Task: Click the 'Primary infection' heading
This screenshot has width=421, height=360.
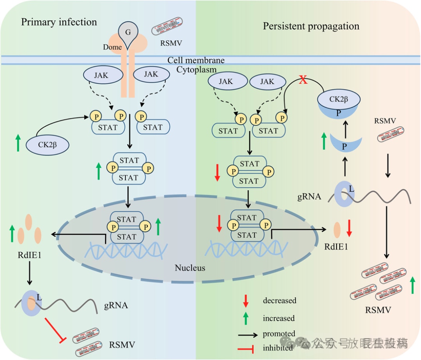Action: pos(59,22)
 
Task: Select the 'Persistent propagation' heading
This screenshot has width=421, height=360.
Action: pos(311,26)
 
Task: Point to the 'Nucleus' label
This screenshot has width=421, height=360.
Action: pos(190,268)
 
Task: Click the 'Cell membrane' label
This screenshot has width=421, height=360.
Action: pos(196,60)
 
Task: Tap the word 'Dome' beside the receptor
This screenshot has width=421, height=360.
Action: pos(113,47)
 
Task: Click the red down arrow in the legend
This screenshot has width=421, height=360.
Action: pos(246,300)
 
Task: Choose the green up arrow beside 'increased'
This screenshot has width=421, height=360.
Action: pos(246,318)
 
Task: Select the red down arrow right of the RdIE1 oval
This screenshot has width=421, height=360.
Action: pos(349,228)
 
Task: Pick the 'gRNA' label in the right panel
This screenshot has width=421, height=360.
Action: pos(308,197)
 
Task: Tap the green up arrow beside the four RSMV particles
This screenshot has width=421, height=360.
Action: pos(412,286)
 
